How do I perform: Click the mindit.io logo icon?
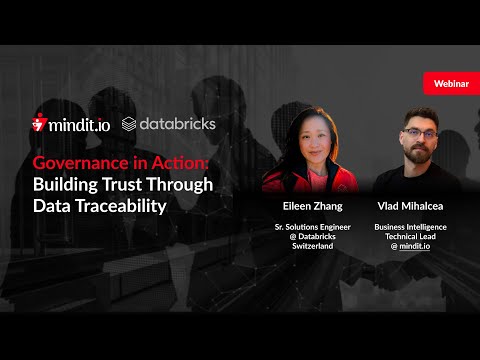tap(40, 125)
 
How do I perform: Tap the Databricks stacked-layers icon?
tap(129, 125)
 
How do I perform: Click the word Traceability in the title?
tap(120, 206)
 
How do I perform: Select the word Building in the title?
tap(63, 184)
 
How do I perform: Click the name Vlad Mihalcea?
tap(410, 206)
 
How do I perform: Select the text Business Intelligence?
tap(410, 227)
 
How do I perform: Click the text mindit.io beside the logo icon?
tap(81, 126)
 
